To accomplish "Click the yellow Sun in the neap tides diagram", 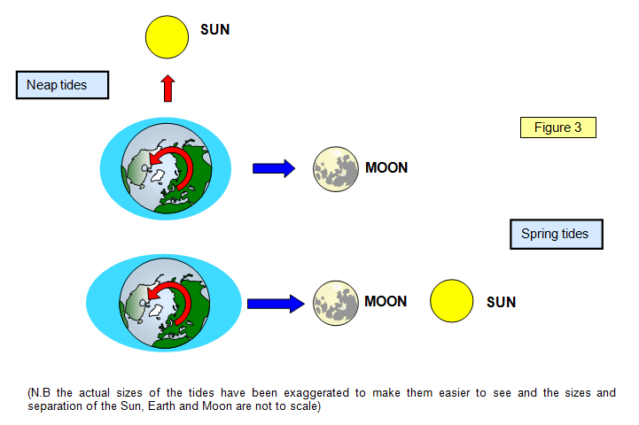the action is pyautogui.click(x=168, y=37).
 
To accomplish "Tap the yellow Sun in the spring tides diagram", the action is pyautogui.click(x=451, y=301).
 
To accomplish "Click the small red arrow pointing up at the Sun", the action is pyautogui.click(x=168, y=88).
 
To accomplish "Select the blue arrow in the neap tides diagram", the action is pyautogui.click(x=274, y=168).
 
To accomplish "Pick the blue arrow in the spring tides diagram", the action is pyautogui.click(x=276, y=304).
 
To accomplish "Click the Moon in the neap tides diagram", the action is pyautogui.click(x=336, y=169).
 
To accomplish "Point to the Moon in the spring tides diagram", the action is pyautogui.click(x=336, y=303).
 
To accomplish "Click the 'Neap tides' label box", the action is pyautogui.click(x=62, y=85).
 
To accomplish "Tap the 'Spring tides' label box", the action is pyautogui.click(x=557, y=234).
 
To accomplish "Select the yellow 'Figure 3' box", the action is pyautogui.click(x=557, y=127).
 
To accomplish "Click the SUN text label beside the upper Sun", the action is pyautogui.click(x=214, y=30).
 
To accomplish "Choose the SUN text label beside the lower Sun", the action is pyautogui.click(x=501, y=302).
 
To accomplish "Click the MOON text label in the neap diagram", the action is pyautogui.click(x=386, y=167).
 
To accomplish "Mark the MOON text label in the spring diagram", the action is pyautogui.click(x=386, y=301).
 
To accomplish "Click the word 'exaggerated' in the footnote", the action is pyautogui.click(x=316, y=393).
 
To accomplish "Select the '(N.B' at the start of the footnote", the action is pyautogui.click(x=39, y=393).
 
